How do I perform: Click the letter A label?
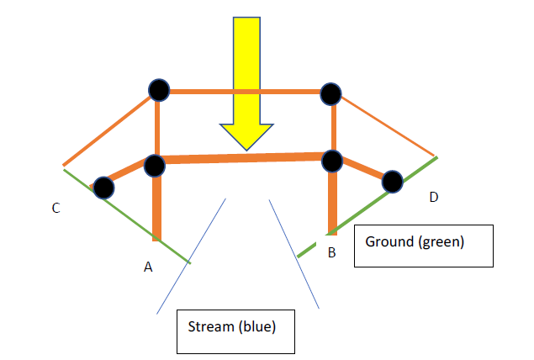(148, 267)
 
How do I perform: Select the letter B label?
(331, 252)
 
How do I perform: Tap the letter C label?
(56, 208)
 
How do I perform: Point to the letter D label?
(433, 197)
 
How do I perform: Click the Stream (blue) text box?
(236, 331)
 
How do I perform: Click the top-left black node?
(158, 89)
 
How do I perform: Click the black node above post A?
(155, 166)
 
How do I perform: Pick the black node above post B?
(332, 160)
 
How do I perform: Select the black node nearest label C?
(103, 187)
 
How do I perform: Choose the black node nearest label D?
(392, 180)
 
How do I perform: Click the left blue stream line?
(191, 256)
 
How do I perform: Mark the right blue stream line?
(293, 252)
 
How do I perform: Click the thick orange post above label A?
(156, 210)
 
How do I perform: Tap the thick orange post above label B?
(332, 202)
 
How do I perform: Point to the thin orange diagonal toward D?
(387, 125)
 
